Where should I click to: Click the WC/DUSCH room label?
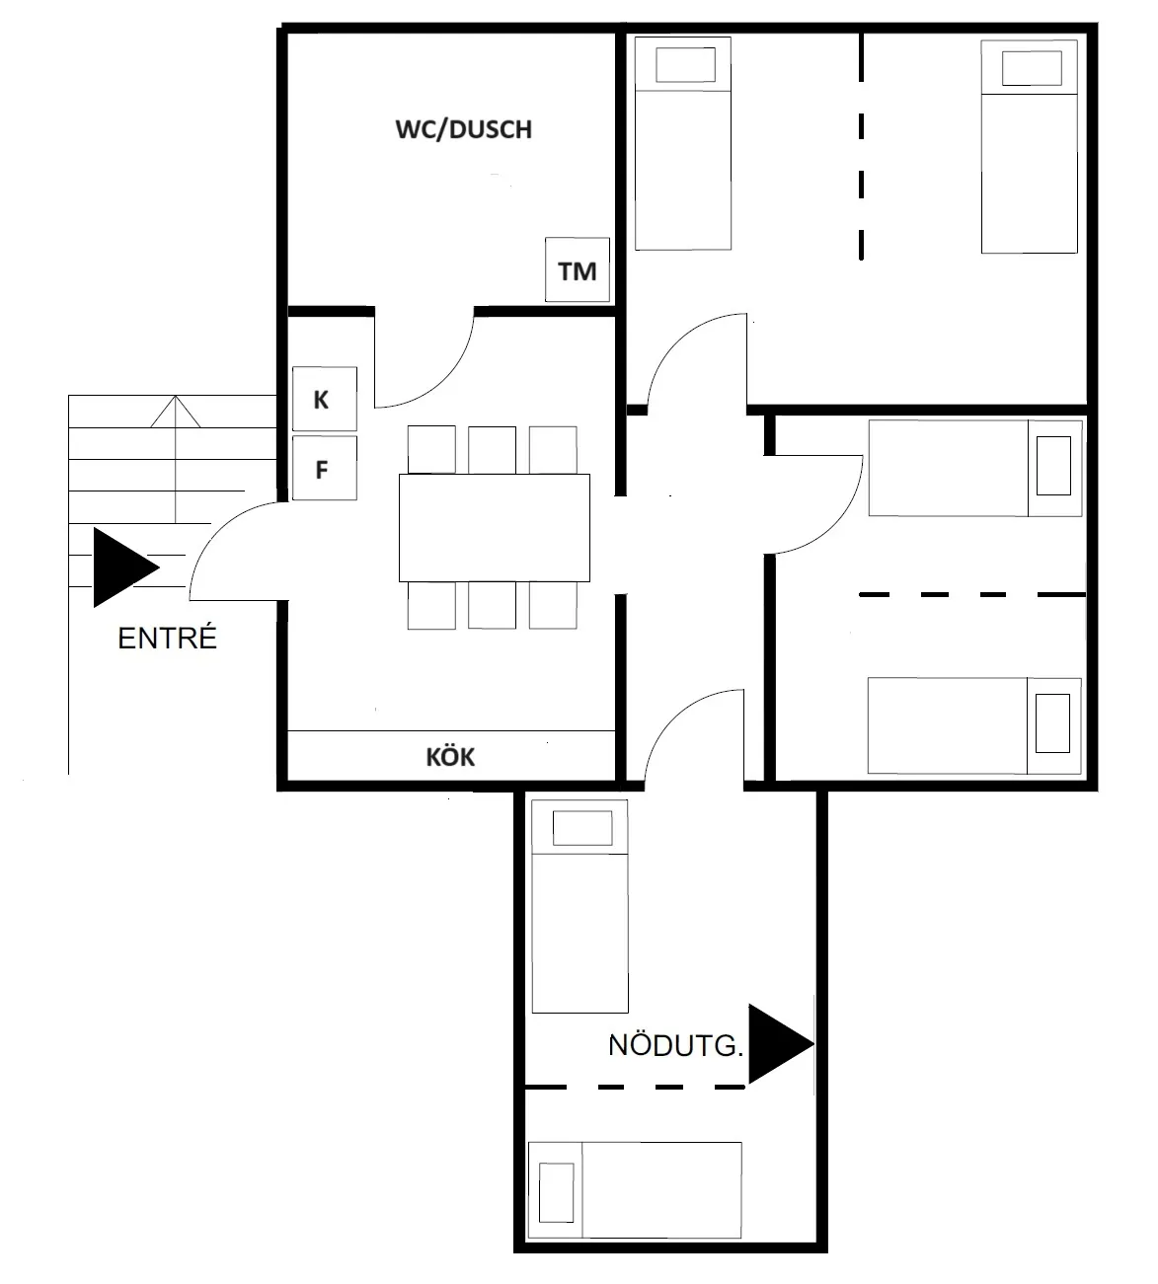pyautogui.click(x=463, y=129)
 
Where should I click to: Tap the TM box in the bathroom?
pyautogui.click(x=578, y=270)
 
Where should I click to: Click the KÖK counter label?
pyautogui.click(x=450, y=757)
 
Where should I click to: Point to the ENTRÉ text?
pyautogui.click(x=167, y=639)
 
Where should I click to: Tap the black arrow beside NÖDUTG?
pyautogui.click(x=779, y=1044)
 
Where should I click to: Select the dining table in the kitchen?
pyautogui.click(x=494, y=527)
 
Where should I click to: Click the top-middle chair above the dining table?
pyautogui.click(x=492, y=449)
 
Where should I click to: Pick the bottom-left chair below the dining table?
pyautogui.click(x=431, y=605)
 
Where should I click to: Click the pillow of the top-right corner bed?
pyautogui.click(x=1031, y=68)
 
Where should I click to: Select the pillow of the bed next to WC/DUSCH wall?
pyautogui.click(x=685, y=66)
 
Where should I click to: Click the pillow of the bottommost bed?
pyautogui.click(x=557, y=1190)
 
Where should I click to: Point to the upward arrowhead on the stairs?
pyautogui.click(x=176, y=411)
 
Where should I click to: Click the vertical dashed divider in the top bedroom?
pyautogui.click(x=861, y=148)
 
